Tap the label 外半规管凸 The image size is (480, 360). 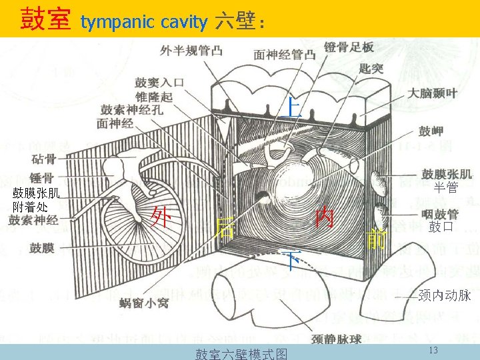[x=191, y=51]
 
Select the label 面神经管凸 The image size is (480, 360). [x=285, y=55]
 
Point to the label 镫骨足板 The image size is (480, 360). [x=349, y=47]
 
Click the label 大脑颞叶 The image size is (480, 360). [x=433, y=93]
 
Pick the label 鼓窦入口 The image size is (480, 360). [x=159, y=83]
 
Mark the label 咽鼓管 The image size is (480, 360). [x=439, y=214]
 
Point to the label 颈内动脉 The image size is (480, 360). [x=445, y=295]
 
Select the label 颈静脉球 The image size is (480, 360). [x=337, y=339]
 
